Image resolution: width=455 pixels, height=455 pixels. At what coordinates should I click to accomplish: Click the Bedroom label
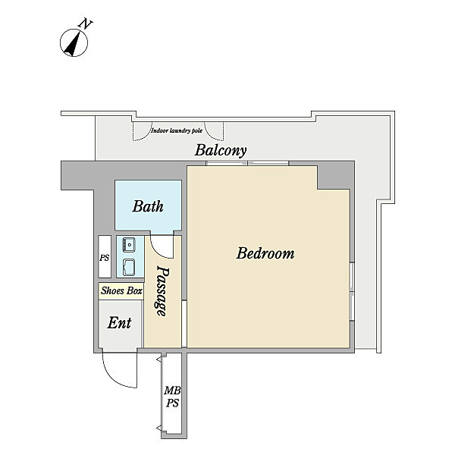tap(265, 253)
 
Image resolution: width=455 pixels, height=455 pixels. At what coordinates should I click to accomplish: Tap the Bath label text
tap(148, 206)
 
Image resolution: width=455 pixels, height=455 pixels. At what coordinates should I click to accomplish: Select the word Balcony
tap(221, 151)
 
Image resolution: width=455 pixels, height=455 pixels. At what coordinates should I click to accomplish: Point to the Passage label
tap(162, 290)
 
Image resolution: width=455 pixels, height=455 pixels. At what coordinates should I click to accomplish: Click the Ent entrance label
tap(119, 323)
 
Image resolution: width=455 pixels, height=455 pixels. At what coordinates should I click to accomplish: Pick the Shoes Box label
tap(121, 290)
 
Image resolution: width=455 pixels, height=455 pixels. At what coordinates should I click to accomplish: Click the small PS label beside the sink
tap(105, 257)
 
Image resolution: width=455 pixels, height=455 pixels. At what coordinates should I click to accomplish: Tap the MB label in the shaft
tap(172, 391)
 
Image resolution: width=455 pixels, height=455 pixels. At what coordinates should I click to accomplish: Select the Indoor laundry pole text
tap(177, 130)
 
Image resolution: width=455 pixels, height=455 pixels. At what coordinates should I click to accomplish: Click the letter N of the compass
tap(85, 24)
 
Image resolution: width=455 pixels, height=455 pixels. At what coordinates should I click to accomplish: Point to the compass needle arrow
tap(73, 44)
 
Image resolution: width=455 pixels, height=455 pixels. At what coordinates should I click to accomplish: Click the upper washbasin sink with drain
tap(129, 245)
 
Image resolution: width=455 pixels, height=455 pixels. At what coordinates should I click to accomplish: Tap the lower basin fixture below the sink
tap(129, 267)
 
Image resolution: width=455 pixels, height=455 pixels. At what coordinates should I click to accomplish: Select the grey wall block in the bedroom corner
tap(334, 177)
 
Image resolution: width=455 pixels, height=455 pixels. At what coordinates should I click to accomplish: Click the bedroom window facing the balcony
tap(247, 163)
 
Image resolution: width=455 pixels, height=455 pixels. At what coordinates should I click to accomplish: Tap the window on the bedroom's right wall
tap(352, 292)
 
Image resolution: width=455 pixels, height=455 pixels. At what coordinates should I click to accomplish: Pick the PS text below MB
tap(172, 403)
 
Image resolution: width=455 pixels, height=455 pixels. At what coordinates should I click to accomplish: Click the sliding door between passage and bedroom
tap(184, 324)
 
